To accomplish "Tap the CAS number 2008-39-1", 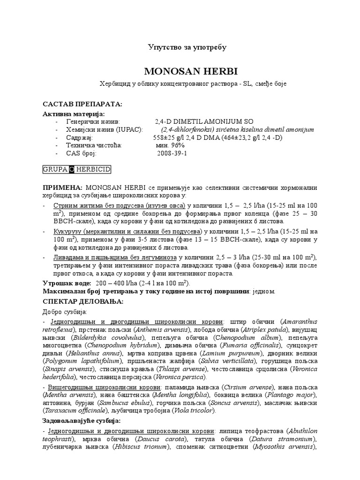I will [172, 153].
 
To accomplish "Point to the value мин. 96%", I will [171, 145].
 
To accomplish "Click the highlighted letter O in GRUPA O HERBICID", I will [72, 168].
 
